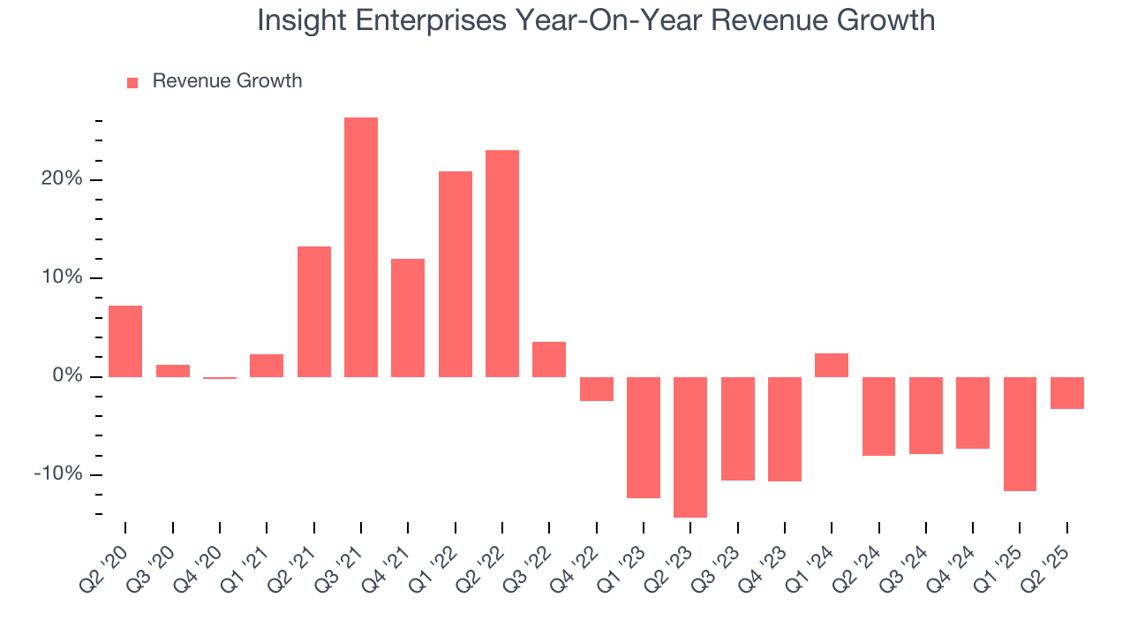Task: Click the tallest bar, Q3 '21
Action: [361, 247]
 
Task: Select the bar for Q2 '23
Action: [690, 447]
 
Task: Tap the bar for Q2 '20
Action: [125, 341]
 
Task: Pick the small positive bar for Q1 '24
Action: [832, 365]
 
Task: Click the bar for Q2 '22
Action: [502, 263]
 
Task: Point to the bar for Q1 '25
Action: [1020, 434]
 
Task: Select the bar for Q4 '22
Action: [596, 389]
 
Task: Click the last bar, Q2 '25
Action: [1067, 393]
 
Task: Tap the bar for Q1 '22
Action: [456, 274]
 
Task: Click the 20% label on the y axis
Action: [61, 179]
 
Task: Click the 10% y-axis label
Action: [61, 277]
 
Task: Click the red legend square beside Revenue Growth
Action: [132, 82]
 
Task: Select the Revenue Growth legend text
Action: [227, 81]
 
